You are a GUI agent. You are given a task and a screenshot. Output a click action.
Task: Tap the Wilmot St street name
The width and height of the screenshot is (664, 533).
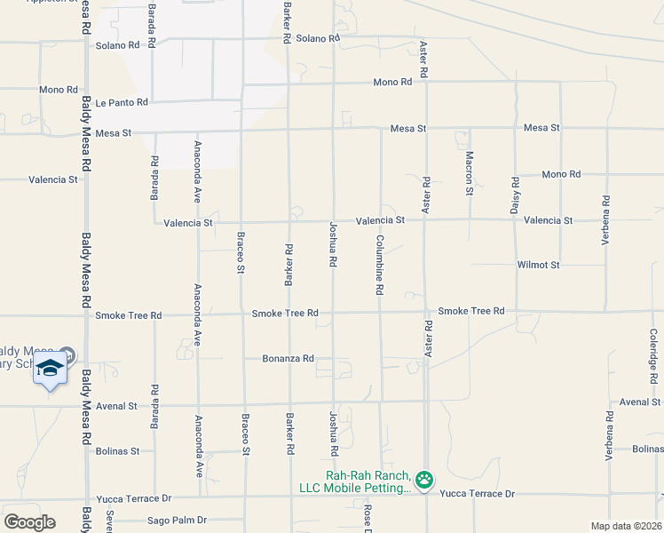538,265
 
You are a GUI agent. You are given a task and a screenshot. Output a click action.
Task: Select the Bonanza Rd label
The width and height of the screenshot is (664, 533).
289,359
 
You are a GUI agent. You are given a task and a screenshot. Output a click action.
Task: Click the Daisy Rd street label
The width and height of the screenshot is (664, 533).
515,195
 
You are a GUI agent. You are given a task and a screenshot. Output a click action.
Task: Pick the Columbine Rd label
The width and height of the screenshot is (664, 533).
379,265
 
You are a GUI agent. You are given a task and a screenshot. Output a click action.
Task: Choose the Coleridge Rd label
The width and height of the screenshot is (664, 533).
653,352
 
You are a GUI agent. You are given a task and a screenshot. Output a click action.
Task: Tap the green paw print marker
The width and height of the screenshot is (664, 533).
424,481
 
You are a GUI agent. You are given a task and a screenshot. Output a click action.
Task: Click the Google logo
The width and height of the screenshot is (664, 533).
29,522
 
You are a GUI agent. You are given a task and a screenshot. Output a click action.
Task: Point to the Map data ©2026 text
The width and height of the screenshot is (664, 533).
626,526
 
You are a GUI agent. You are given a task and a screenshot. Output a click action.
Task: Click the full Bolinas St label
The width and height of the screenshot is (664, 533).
117,451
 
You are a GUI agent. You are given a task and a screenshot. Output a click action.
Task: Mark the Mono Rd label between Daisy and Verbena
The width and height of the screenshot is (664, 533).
561,174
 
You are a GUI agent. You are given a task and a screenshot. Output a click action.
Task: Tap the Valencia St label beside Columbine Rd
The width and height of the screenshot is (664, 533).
380,219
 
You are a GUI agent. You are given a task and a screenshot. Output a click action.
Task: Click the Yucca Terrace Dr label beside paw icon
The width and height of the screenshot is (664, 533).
477,493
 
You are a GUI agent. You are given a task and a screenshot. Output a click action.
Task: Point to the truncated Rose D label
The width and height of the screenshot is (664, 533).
367,519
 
